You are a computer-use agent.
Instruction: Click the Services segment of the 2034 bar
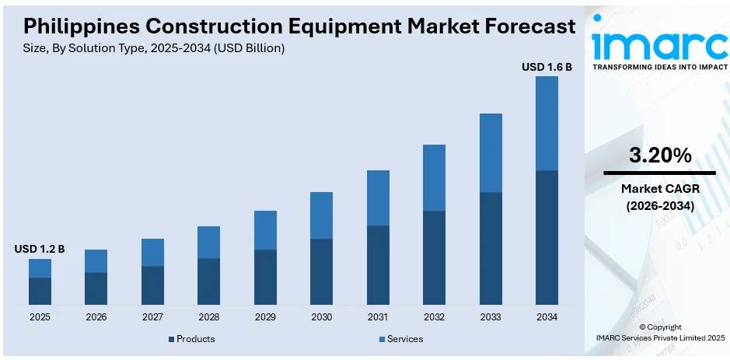coord(547,123)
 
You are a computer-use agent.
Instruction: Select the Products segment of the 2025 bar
coord(40,291)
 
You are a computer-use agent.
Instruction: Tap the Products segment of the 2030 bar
coord(321,271)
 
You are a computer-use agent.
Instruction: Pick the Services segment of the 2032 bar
coord(434,177)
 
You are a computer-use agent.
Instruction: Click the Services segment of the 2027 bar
coord(152,252)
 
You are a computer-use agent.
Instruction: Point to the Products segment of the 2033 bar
coord(491,248)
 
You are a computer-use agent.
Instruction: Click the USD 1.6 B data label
coord(547,68)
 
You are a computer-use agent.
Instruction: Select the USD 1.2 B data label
coord(40,249)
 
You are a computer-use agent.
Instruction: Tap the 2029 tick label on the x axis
coord(265,317)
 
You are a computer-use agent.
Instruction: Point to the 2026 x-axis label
coord(96,317)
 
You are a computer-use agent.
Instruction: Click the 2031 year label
coord(378,317)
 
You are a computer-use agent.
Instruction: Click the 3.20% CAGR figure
coord(659,156)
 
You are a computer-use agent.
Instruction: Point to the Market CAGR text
coord(659,188)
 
